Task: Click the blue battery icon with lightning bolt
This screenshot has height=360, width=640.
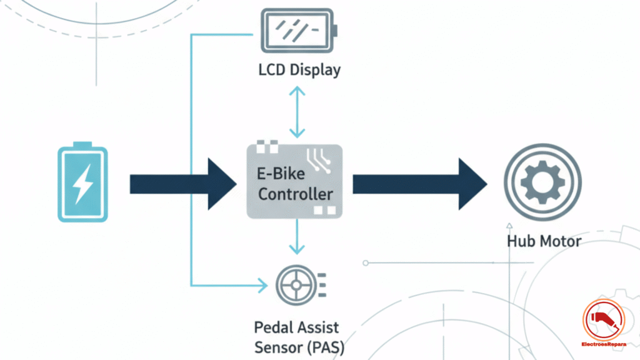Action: point(82,182)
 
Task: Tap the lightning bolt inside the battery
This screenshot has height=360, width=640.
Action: point(82,185)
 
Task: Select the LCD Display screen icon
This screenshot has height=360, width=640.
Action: point(298,30)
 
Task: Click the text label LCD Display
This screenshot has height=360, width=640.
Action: point(299,69)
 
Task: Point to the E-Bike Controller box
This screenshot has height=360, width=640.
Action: point(294,181)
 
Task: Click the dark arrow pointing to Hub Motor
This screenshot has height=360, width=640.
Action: point(419,184)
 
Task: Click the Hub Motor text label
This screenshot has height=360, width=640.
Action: point(544,241)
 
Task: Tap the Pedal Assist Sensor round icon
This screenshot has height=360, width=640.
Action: point(293,286)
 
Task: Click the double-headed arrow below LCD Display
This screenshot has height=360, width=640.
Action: point(297,112)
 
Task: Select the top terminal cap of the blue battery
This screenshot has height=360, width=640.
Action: point(82,144)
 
